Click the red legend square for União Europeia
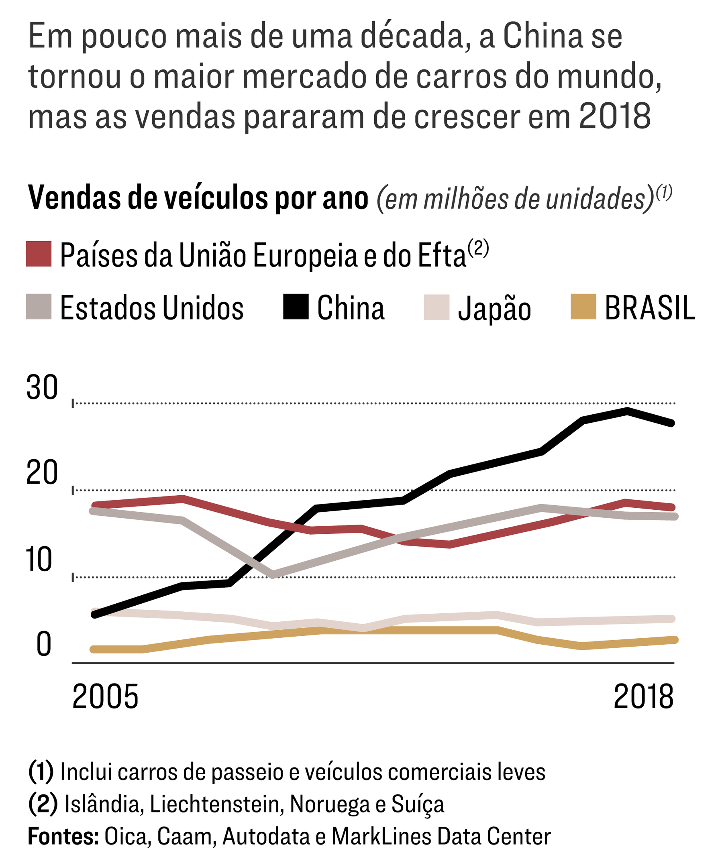pyautogui.click(x=39, y=254)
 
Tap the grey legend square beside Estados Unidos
pyautogui.click(x=39, y=307)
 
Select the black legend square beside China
pyautogui.click(x=296, y=307)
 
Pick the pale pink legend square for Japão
pyautogui.click(x=436, y=307)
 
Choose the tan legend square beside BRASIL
pyautogui.click(x=583, y=307)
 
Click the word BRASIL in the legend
pyautogui.click(x=650, y=308)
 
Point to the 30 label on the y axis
pyautogui.click(x=42, y=388)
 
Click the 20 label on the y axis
pyautogui.click(x=42, y=473)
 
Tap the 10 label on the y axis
pyautogui.click(x=39, y=560)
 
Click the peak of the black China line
pyautogui.click(x=627, y=410)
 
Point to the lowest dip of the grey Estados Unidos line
pyautogui.click(x=273, y=575)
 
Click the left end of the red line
pyautogui.click(x=94, y=505)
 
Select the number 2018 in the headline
pyautogui.click(x=615, y=116)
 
